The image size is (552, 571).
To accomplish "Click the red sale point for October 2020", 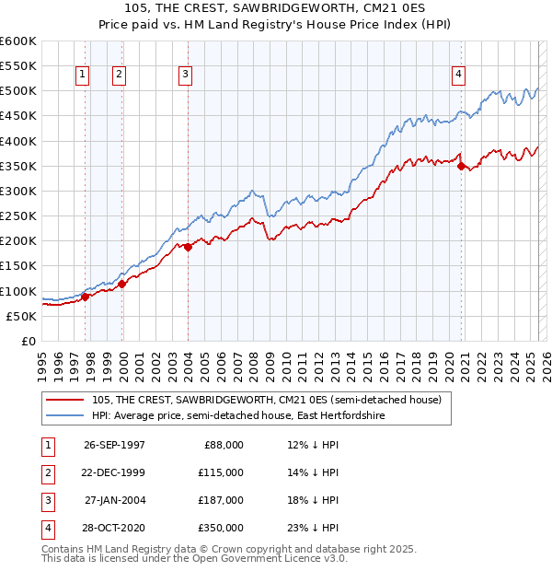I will point(461,166).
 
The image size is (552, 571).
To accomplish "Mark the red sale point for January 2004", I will point(188,247).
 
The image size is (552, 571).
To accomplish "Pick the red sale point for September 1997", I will point(86,297).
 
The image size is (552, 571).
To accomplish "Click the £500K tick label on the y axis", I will point(17,91).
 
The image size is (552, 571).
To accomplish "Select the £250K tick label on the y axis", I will point(17,216).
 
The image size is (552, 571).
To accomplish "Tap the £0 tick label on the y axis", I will point(27,342).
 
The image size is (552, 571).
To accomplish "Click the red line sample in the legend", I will point(66,400).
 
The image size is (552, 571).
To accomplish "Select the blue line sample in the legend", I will point(66,416).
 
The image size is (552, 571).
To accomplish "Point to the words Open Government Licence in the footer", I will point(267,558).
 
